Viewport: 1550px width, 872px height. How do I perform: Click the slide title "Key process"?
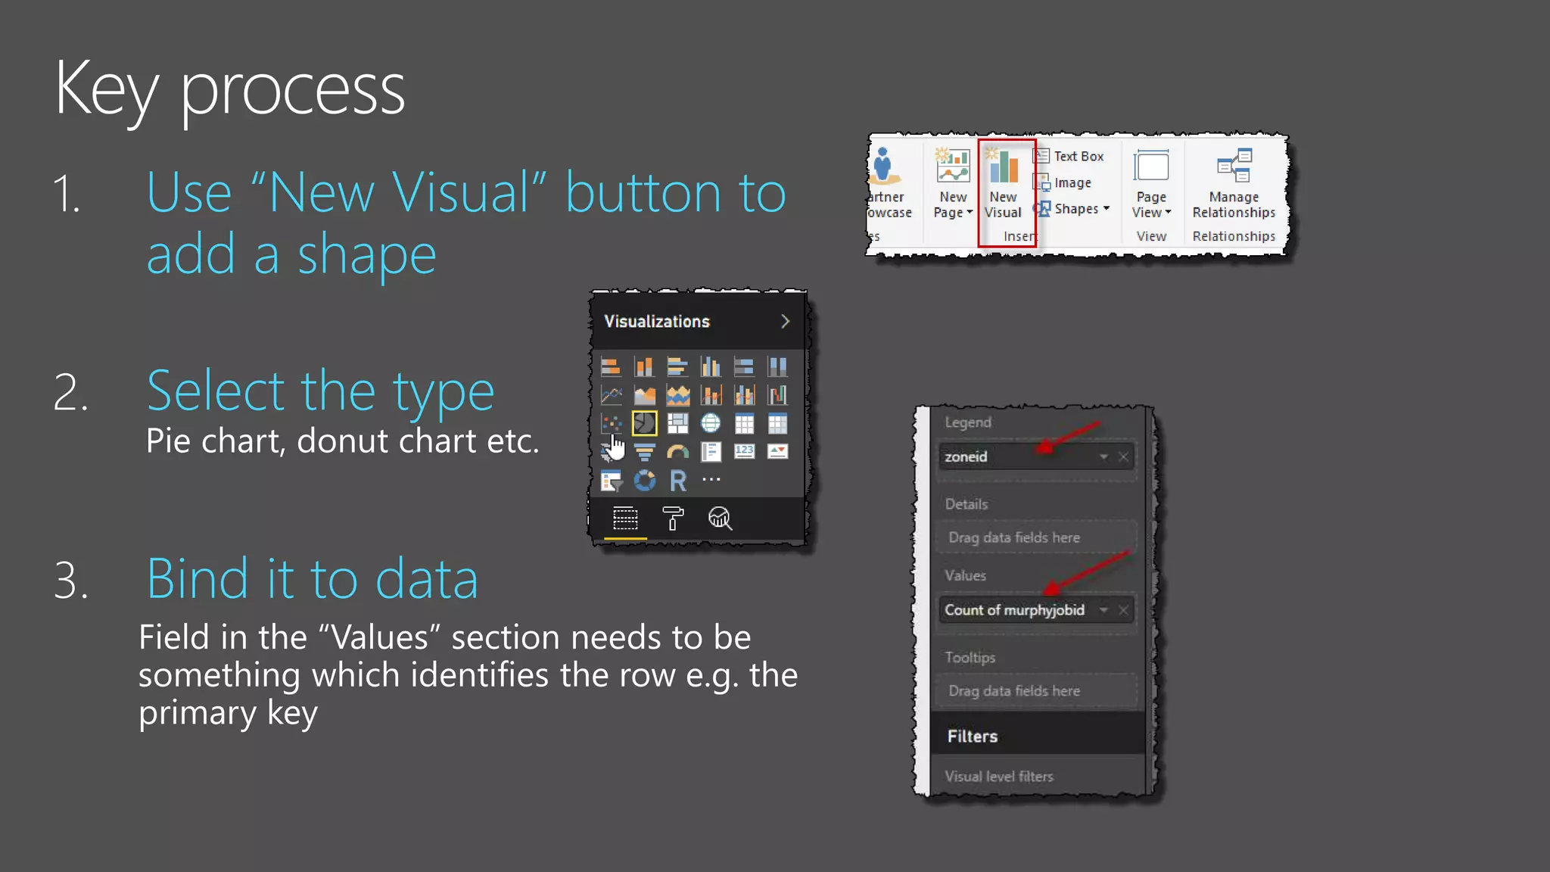click(229, 89)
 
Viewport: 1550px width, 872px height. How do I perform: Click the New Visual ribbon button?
click(1004, 185)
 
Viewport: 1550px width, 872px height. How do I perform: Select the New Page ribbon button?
click(953, 185)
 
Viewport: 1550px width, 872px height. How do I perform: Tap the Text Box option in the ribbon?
click(1070, 157)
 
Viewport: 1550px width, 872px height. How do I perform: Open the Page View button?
click(1151, 185)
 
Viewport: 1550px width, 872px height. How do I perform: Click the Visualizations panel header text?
click(656, 322)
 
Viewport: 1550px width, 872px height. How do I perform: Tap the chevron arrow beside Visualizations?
click(785, 322)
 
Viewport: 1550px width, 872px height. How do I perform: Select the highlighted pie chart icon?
click(644, 423)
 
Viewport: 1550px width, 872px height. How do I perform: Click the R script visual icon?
click(678, 481)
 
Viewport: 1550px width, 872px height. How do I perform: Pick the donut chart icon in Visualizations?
click(644, 481)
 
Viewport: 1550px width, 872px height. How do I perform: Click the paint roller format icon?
click(672, 519)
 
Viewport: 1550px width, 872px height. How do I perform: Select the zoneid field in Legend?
click(1014, 456)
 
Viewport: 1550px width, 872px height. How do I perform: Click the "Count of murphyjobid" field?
click(1014, 610)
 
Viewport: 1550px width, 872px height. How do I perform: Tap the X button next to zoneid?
click(1124, 456)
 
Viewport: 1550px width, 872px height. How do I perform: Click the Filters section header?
click(973, 737)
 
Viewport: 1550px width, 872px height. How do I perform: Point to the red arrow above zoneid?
click(1069, 437)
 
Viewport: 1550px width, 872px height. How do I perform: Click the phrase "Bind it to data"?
click(312, 579)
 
